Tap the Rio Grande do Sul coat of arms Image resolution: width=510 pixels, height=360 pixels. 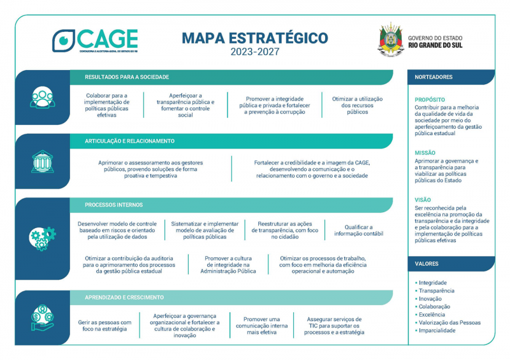coord(390,40)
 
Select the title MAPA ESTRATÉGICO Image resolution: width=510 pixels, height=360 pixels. coord(255,38)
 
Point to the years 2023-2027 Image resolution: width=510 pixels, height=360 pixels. coord(255,52)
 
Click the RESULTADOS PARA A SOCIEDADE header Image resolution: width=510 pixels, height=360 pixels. coord(127,77)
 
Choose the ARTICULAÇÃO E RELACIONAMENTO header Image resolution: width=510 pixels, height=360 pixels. coord(129,141)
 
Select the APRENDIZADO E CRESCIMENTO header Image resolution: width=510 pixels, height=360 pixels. coord(124,298)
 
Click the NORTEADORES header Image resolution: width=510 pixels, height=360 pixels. coord(433,77)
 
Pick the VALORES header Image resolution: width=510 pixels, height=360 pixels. coord(426,264)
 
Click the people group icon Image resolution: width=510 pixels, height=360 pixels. coord(42,97)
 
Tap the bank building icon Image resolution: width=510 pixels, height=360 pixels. coord(42,162)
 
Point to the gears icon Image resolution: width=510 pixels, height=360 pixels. coord(42,238)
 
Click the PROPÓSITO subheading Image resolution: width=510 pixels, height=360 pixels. coord(430,100)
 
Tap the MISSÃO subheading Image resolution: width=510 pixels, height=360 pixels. coord(425,153)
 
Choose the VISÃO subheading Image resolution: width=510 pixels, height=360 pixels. coord(423,199)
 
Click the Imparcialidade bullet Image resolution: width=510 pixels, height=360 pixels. coord(437,331)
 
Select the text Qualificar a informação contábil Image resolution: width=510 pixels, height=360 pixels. coord(358,230)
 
